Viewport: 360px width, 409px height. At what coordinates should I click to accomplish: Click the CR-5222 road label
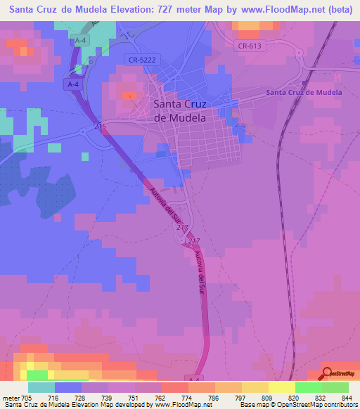click(142, 60)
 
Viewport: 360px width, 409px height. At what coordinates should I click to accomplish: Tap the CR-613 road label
click(250, 46)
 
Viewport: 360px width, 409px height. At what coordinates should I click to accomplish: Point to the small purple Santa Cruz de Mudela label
click(304, 92)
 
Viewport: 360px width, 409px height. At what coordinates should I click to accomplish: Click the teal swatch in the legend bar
click(41, 387)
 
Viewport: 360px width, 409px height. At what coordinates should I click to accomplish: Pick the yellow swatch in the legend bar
click(282, 387)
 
